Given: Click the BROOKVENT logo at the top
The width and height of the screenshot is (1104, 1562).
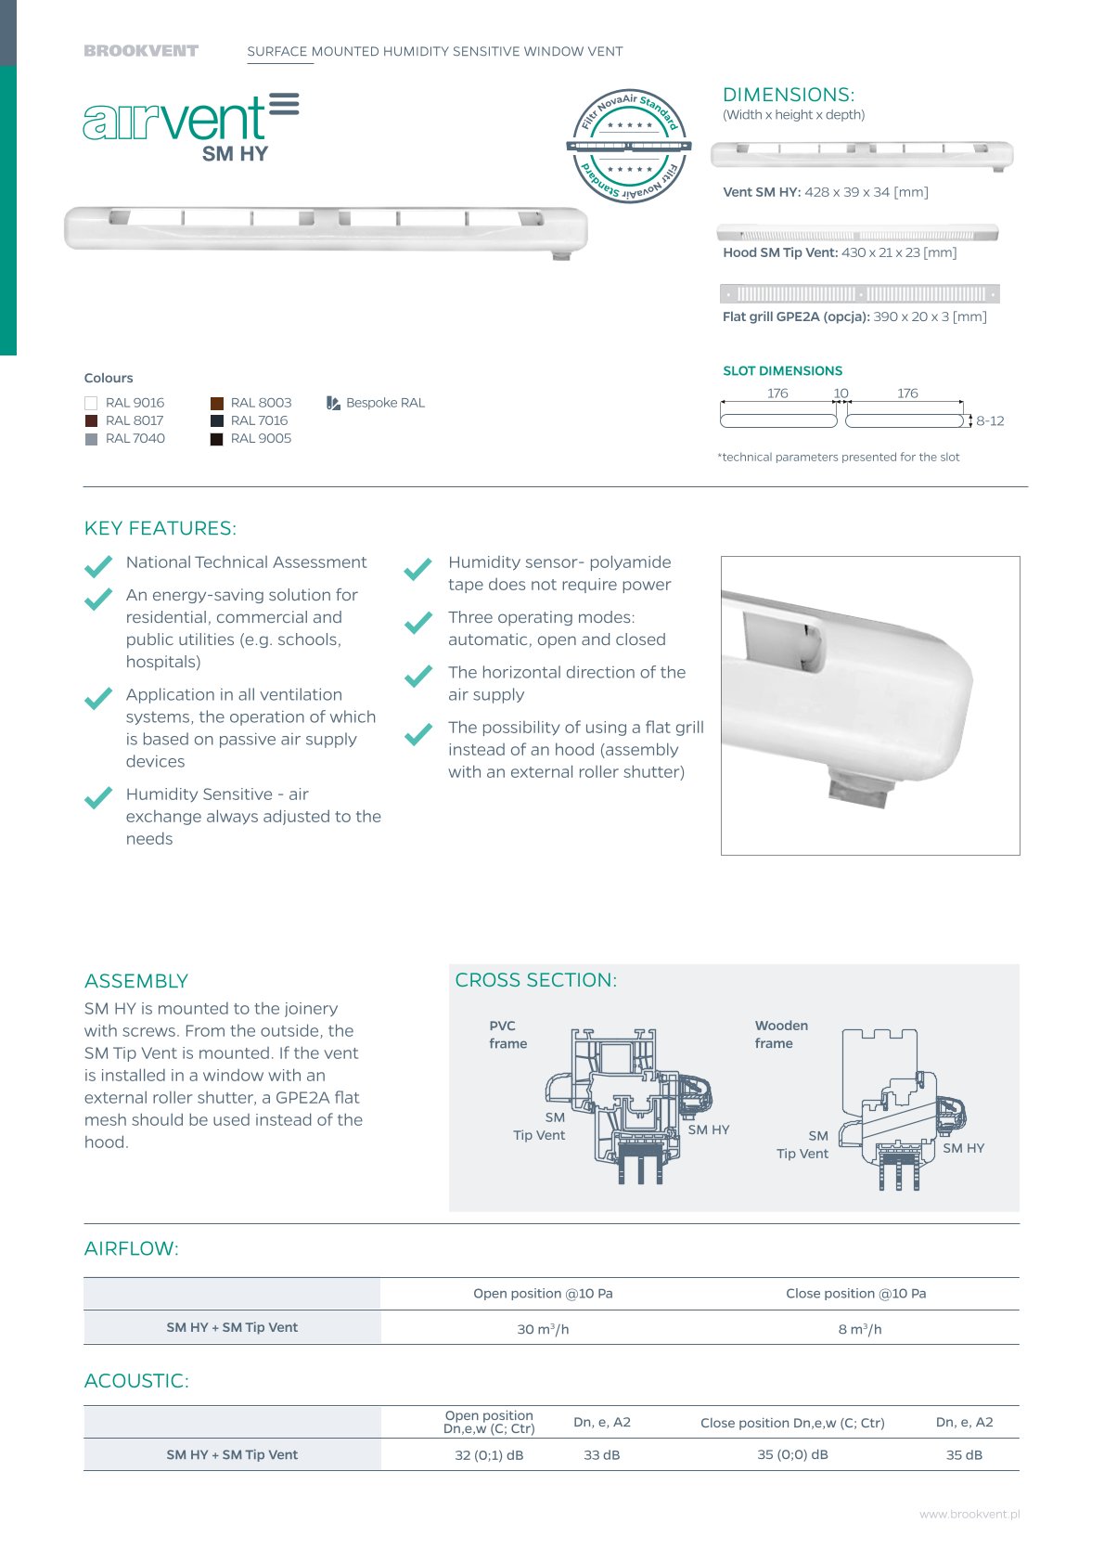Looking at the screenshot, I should (x=141, y=51).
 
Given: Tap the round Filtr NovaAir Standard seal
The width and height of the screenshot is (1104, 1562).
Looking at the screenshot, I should (x=629, y=146).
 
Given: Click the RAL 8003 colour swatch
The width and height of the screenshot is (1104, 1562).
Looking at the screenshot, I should (x=217, y=403).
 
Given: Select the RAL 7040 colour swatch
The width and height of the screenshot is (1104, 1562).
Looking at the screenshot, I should (x=91, y=439).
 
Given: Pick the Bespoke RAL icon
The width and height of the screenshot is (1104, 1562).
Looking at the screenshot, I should (x=333, y=403).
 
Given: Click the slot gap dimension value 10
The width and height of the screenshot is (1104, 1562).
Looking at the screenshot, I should (x=841, y=394).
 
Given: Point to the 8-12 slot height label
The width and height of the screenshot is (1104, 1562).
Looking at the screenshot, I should (x=990, y=421).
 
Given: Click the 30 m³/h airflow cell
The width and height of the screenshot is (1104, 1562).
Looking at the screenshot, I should (x=543, y=1329).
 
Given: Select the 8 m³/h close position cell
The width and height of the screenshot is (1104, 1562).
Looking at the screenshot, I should (x=860, y=1329).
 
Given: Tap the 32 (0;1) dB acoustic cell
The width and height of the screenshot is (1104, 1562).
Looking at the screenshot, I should (x=489, y=1455).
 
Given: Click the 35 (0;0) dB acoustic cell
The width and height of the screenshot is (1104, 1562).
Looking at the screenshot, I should (x=792, y=1455).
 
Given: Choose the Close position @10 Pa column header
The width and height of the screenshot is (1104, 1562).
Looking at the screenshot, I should (x=855, y=1294).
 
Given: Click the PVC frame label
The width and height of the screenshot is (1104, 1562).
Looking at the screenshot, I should (x=507, y=1035).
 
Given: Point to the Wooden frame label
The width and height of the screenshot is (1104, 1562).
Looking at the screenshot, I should (x=781, y=1035).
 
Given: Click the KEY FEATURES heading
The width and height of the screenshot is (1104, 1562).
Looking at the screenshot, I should (x=160, y=529).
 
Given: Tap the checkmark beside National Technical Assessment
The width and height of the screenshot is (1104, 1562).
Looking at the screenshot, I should (x=98, y=566).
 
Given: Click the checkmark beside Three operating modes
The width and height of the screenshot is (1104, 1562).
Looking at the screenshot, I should (x=418, y=622).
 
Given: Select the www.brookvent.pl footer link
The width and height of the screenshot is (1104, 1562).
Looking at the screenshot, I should (x=969, y=1515).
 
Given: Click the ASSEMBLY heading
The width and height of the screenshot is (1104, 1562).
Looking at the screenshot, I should (x=136, y=982).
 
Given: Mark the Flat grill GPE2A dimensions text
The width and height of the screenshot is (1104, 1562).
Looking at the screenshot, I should (x=854, y=317).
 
